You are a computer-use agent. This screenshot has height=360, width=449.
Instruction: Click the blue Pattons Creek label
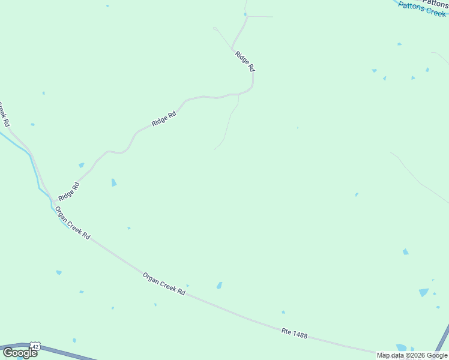422,10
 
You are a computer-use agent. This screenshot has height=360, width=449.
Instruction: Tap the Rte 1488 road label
294,333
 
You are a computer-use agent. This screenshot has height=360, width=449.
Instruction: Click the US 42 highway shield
36,347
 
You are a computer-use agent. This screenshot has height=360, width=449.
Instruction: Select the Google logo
20,353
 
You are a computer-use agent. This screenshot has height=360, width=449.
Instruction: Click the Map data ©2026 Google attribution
412,356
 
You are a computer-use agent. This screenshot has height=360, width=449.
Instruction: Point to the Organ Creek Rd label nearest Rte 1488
164,283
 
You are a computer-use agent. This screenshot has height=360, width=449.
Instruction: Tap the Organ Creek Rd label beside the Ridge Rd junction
72,223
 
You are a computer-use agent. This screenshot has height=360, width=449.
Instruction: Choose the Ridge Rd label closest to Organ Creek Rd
68,191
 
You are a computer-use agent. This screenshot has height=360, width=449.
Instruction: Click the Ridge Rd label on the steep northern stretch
244,61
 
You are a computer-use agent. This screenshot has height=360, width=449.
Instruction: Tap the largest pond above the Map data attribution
424,292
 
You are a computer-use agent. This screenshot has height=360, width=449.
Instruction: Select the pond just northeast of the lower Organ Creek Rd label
219,286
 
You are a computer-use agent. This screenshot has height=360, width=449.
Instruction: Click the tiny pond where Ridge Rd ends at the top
246,14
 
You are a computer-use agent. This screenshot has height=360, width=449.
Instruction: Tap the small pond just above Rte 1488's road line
283,312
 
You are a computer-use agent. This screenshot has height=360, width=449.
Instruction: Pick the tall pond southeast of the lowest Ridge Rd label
113,182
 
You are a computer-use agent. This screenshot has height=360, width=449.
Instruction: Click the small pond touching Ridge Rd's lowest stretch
81,165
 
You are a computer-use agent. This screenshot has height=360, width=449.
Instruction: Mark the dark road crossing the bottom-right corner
442,339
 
